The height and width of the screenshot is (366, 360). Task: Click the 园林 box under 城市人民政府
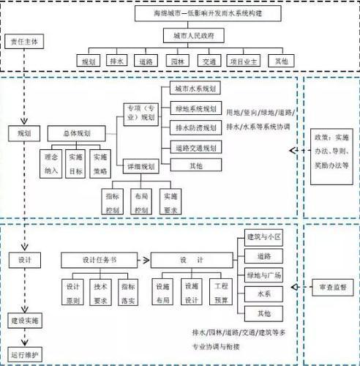[x=176, y=61]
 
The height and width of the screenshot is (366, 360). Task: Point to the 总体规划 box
[x=78, y=134]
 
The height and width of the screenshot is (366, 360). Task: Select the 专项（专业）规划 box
[x=139, y=112]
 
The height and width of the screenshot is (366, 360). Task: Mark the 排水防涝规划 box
[x=195, y=127]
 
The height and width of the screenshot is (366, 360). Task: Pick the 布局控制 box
[x=140, y=201]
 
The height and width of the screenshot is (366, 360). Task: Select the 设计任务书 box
[x=99, y=260]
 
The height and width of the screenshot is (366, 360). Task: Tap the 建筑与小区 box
[x=263, y=237]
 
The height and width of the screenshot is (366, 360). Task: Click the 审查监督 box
[x=331, y=285]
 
